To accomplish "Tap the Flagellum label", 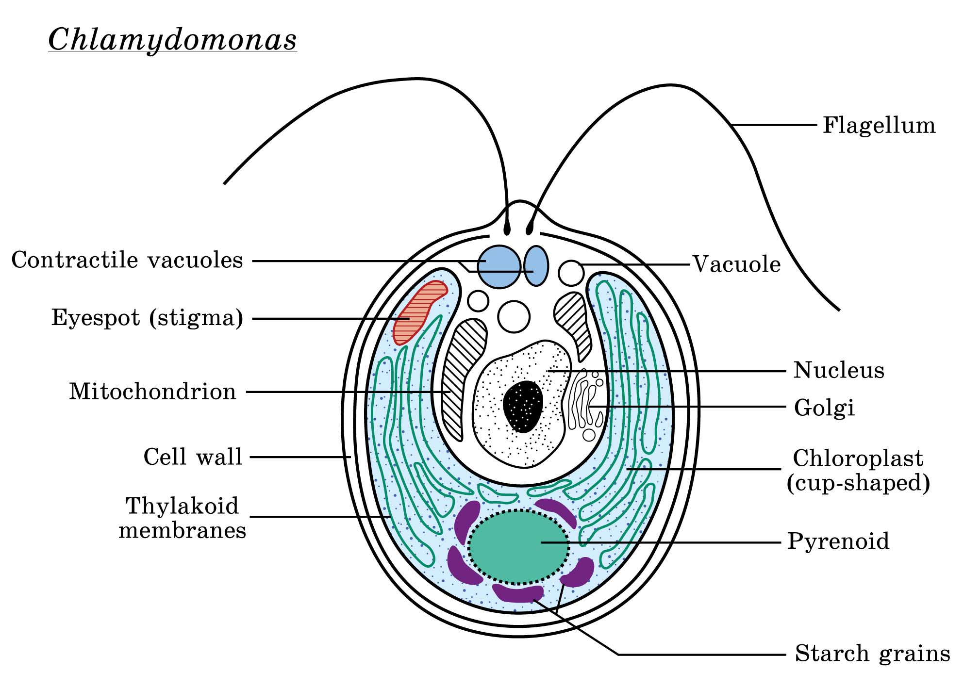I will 879,126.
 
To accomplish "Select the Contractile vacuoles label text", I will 127,261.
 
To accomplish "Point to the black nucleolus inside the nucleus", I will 523,406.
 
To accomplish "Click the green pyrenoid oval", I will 518,547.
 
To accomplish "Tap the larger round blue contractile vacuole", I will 499,266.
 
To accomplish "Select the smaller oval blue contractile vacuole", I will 536,266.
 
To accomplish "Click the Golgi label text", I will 824,408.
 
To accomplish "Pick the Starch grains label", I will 872,654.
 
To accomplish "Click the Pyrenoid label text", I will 838,541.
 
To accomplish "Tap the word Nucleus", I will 839,371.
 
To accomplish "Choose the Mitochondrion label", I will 152,392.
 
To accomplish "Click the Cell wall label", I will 193,457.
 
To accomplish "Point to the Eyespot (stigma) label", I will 148,318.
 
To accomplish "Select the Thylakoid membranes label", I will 183,518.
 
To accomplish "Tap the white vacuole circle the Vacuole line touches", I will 571,273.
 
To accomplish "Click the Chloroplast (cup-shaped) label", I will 858,470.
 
